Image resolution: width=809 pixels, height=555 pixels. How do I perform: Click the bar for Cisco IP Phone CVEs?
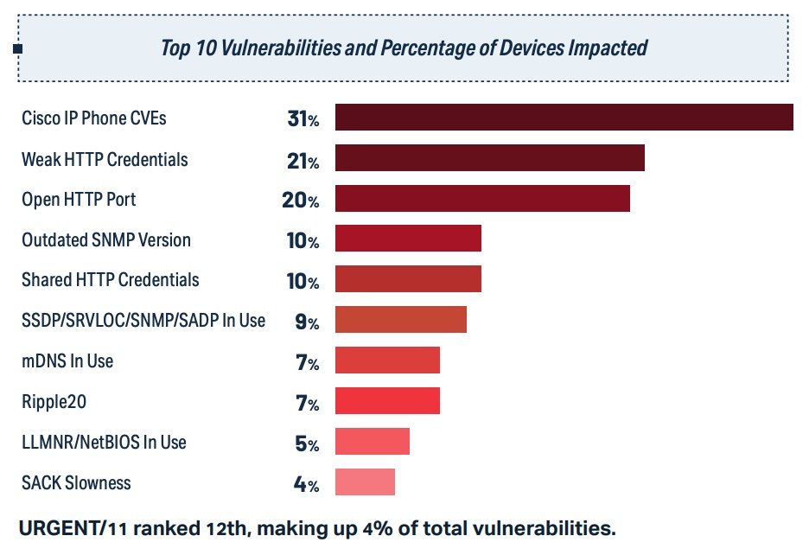click(564, 118)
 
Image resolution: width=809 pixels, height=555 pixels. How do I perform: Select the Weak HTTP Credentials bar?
click(489, 158)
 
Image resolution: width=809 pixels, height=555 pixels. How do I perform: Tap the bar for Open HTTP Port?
click(482, 198)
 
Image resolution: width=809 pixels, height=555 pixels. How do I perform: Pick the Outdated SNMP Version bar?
click(408, 239)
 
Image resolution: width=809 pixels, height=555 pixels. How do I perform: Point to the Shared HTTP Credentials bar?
click(408, 278)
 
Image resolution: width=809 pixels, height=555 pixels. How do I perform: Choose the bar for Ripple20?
click(387, 401)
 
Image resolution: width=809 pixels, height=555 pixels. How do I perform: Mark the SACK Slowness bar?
click(365, 482)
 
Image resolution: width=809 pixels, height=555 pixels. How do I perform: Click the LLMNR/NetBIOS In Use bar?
click(372, 441)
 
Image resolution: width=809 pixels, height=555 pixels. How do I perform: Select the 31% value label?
click(303, 119)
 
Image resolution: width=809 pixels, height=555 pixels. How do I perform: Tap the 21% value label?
click(303, 160)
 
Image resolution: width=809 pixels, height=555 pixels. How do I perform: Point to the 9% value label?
click(307, 322)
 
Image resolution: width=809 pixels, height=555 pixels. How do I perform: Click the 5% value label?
click(307, 444)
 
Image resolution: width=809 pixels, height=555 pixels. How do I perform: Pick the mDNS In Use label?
click(67, 361)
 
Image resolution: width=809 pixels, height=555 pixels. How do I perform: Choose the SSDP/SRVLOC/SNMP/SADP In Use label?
click(143, 321)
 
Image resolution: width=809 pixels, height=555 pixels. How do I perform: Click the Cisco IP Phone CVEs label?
click(94, 118)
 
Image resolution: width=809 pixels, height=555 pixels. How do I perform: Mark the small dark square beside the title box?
click(17, 48)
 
